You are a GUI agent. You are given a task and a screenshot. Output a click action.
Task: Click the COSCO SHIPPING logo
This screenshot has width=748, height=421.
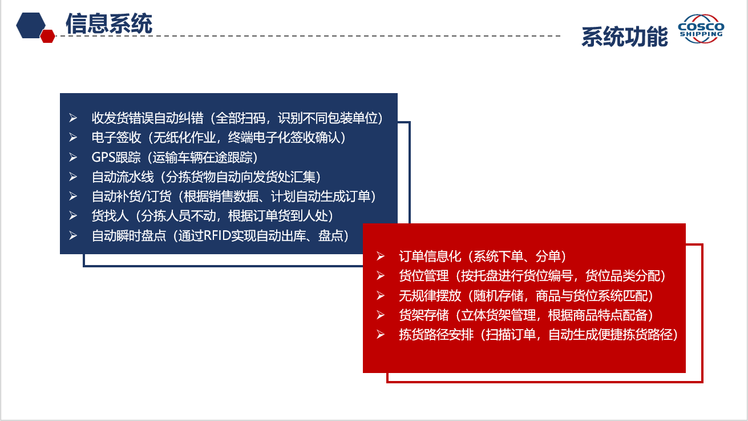[701, 29]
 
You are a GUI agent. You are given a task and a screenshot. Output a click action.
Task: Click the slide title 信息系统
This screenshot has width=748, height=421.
[109, 23]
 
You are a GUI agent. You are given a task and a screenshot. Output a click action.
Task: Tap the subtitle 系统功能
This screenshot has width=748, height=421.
[624, 37]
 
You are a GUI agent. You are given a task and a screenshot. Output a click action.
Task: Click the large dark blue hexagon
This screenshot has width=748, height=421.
[31, 25]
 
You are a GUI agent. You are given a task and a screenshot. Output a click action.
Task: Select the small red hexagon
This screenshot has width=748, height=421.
[48, 36]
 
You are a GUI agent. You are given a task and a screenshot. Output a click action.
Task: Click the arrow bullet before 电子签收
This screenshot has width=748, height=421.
[73, 138]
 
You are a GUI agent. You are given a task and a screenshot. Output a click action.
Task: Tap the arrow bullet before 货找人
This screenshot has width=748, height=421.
[73, 216]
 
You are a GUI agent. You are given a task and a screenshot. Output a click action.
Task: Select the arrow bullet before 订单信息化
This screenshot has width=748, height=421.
[381, 256]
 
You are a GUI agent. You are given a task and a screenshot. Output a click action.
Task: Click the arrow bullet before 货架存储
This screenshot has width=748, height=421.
[381, 315]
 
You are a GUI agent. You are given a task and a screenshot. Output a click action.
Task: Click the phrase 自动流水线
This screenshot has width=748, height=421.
[123, 177]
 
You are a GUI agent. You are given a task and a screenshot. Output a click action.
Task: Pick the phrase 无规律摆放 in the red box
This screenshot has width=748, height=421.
[430, 295]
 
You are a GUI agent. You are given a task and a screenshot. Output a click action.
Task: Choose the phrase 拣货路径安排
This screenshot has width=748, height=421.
[436, 334]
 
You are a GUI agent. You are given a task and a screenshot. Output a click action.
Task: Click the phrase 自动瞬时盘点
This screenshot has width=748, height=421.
[129, 236]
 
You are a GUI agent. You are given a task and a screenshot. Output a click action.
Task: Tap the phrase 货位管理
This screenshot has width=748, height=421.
[424, 276]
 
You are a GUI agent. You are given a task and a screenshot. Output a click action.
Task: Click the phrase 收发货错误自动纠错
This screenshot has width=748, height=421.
[148, 118]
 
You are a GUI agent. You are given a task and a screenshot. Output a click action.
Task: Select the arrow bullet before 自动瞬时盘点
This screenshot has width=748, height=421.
[73, 235]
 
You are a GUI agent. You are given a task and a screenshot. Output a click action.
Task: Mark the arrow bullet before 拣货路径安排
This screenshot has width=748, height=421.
[381, 334]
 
